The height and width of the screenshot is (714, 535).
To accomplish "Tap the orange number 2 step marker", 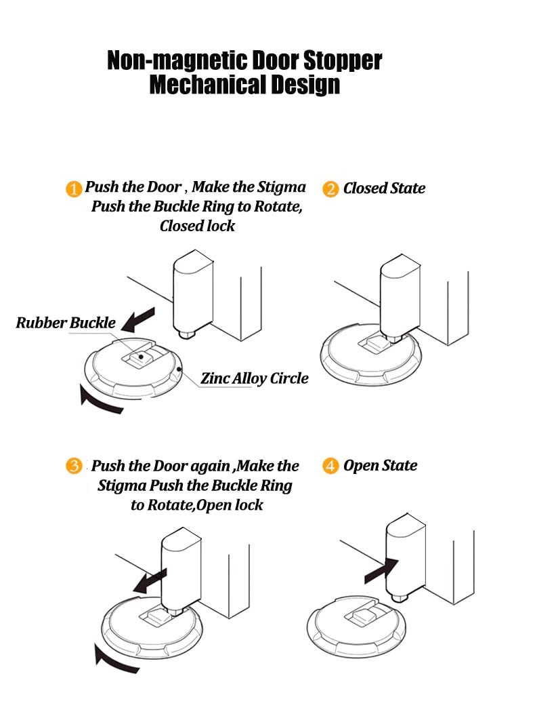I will click(x=330, y=189).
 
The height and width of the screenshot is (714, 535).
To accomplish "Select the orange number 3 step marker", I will click(x=74, y=467).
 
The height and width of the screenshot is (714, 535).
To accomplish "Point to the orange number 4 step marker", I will click(x=330, y=467).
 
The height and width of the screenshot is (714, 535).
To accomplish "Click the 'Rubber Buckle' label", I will click(x=66, y=323).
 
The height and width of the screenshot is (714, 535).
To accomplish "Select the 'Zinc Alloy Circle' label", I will click(x=255, y=378).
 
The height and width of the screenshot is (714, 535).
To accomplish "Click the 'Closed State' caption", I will click(x=384, y=189).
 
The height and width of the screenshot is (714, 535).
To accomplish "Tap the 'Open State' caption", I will click(x=380, y=466).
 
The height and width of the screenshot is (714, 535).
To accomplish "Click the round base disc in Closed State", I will click(x=369, y=359).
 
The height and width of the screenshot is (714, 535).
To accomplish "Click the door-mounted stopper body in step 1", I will click(x=192, y=292).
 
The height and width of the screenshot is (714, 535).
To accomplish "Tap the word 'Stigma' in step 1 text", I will click(x=281, y=187).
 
